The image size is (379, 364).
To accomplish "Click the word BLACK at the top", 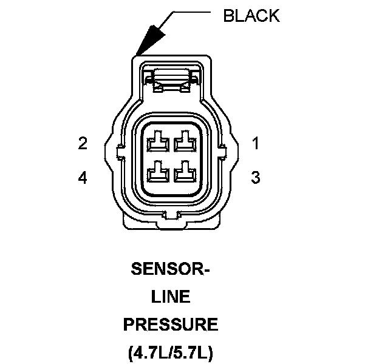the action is [251, 16].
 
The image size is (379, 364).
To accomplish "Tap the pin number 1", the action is [256, 144].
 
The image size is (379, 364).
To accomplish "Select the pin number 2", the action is [83, 144].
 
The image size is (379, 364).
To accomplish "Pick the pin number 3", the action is [256, 178].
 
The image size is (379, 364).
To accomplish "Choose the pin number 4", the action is [83, 178].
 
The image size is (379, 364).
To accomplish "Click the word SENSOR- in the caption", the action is [170, 269].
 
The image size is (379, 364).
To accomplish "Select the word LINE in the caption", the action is [171, 297].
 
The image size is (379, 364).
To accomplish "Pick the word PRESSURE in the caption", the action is [171, 325].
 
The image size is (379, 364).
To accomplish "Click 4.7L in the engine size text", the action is [149, 352].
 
